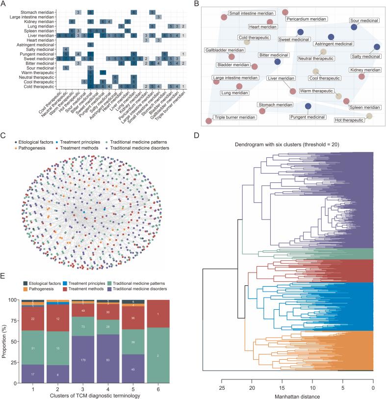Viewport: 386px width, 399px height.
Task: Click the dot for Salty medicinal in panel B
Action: tap(377, 47)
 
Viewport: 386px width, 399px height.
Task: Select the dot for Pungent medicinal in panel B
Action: tap(309, 106)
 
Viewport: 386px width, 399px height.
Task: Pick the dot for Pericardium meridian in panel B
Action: tap(285, 12)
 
